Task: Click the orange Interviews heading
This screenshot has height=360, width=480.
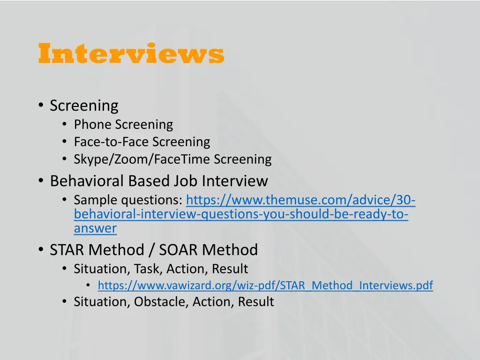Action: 131,54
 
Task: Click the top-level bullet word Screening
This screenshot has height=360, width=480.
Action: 84,105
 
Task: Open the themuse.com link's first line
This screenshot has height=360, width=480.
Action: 300,201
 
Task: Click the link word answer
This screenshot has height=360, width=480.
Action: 95,229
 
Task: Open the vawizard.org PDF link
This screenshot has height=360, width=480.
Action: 265,285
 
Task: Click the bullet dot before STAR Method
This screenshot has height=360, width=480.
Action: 41,250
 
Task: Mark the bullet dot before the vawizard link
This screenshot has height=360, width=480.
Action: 88,285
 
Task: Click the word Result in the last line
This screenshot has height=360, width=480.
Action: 255,302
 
